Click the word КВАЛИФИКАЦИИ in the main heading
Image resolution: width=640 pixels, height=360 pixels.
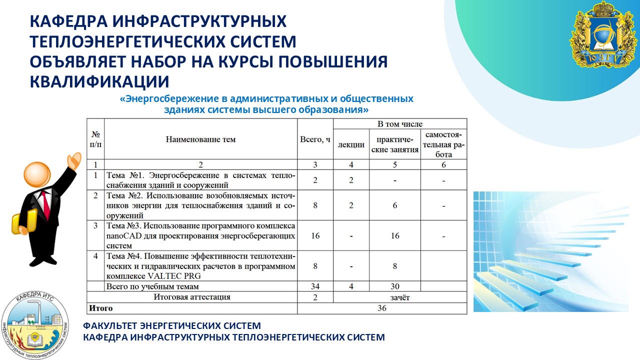pyautogui.click(x=99, y=81)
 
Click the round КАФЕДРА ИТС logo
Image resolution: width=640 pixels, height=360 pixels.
pyautogui.click(x=35, y=326)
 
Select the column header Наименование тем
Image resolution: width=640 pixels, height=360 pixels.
pyautogui.click(x=200, y=139)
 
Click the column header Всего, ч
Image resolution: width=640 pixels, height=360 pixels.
pyautogui.click(x=315, y=139)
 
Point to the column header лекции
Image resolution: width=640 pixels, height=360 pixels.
pyautogui.click(x=351, y=144)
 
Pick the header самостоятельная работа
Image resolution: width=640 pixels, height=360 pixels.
pyautogui.click(x=443, y=144)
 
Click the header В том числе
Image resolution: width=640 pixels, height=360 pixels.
pyautogui.click(x=400, y=124)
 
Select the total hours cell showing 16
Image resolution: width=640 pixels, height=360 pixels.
pyautogui.click(x=315, y=235)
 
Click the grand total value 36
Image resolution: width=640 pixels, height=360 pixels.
pyautogui.click(x=382, y=308)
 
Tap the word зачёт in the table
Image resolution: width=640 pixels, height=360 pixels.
pyautogui.click(x=400, y=297)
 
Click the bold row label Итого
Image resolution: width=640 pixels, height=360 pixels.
pyautogui.click(x=101, y=308)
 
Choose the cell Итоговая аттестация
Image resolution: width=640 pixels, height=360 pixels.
pyautogui.click(x=192, y=297)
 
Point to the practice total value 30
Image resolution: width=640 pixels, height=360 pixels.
pyautogui.click(x=395, y=286)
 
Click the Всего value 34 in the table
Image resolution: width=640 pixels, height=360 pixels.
pyautogui.click(x=315, y=286)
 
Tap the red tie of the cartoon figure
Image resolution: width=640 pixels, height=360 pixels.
pyautogui.click(x=45, y=203)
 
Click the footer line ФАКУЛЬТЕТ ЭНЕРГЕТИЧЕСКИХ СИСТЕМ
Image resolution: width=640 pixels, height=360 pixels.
pyautogui.click(x=172, y=325)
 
